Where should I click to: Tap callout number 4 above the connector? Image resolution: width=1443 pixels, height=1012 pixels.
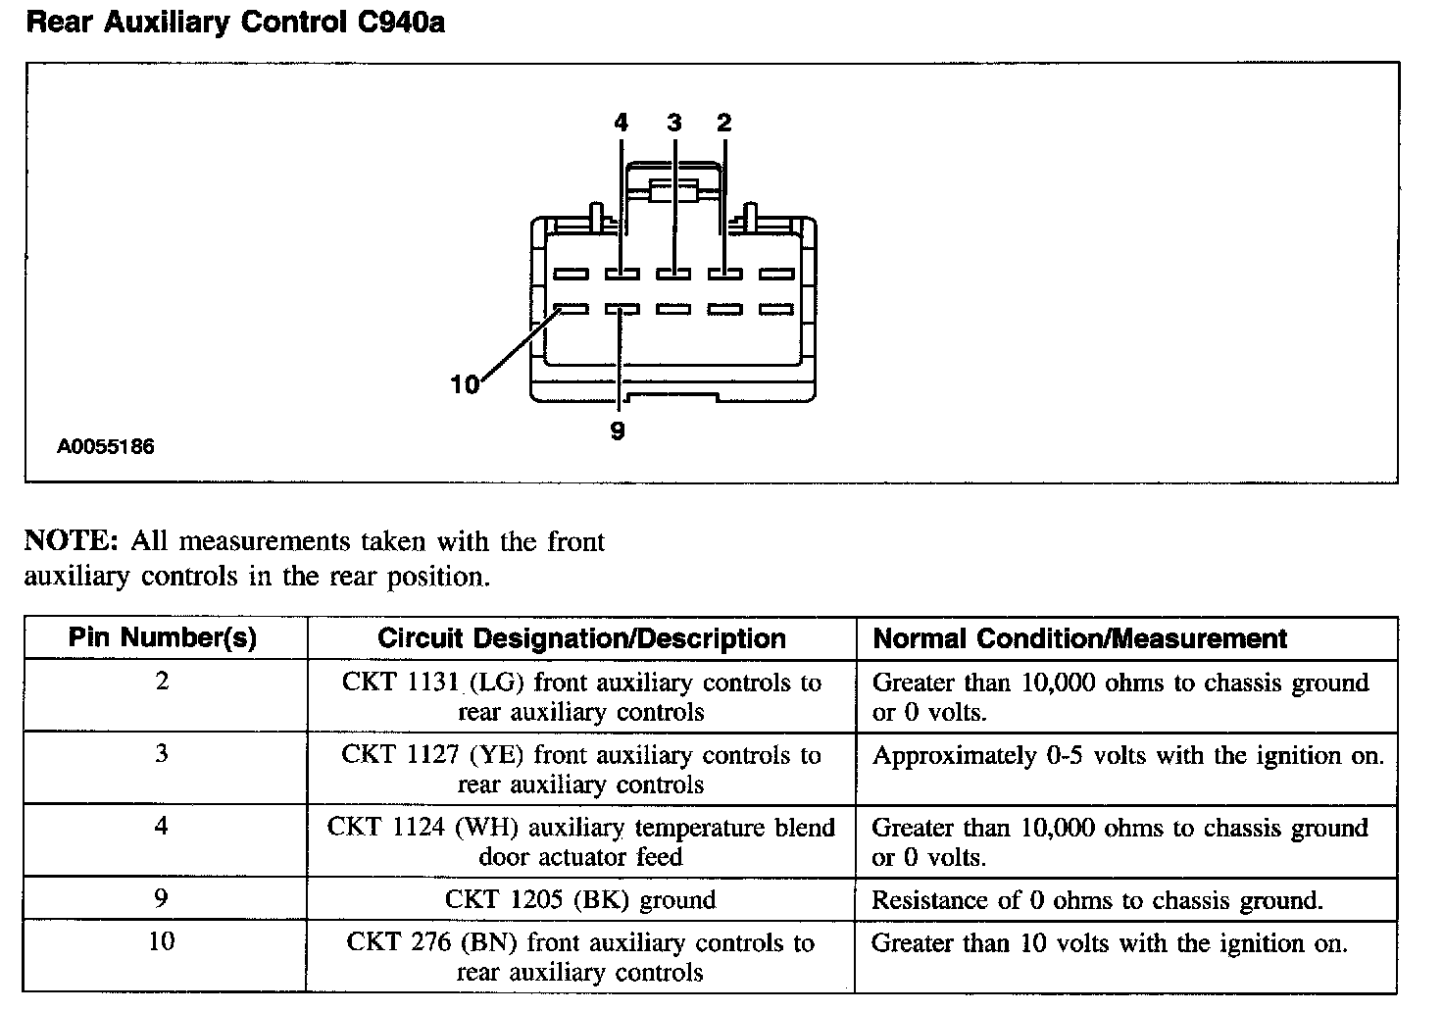click(x=621, y=123)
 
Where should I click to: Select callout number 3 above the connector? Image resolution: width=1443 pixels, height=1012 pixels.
click(x=673, y=123)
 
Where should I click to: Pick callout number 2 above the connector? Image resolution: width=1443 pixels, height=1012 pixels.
click(x=723, y=123)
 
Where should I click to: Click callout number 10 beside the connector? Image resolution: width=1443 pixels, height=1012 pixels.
click(x=465, y=384)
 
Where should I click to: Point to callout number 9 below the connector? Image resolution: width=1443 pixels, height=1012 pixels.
click(x=618, y=430)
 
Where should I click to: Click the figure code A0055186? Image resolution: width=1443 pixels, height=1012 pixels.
click(x=106, y=447)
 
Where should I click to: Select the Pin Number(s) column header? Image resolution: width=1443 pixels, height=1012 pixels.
click(x=163, y=638)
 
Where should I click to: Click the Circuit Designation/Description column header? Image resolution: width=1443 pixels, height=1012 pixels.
click(x=581, y=638)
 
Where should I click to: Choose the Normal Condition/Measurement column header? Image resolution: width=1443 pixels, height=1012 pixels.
click(x=1079, y=638)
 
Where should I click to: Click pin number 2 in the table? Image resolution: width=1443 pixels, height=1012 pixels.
click(x=163, y=681)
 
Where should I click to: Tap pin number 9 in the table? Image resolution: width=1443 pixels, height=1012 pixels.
click(x=162, y=898)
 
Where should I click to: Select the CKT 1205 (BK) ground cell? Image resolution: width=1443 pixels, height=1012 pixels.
click(x=580, y=899)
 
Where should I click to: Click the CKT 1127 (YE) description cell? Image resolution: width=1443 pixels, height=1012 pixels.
click(x=580, y=769)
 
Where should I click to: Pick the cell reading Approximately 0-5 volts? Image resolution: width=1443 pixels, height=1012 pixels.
click(x=1127, y=756)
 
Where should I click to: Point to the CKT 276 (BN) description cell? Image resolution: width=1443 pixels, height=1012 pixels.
click(x=580, y=957)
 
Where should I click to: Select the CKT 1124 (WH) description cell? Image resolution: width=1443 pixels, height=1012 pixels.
click(x=580, y=841)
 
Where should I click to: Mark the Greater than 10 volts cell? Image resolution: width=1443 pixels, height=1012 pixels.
click(x=1109, y=943)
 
